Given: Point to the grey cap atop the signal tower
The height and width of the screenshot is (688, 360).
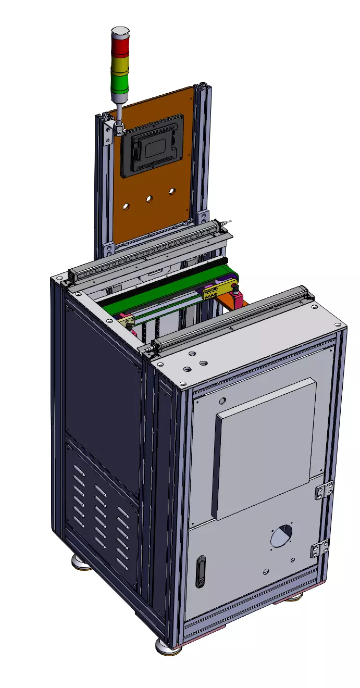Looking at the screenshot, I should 120,32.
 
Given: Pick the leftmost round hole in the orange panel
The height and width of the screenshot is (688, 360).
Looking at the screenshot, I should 126,206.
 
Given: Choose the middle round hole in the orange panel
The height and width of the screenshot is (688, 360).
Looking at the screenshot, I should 148,198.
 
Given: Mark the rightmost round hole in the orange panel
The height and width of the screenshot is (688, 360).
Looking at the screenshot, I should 171,191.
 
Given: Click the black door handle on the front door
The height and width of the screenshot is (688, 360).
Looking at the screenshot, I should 201,571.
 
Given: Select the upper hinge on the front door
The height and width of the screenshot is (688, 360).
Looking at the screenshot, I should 324,491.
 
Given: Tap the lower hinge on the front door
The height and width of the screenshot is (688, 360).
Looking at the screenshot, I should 319,549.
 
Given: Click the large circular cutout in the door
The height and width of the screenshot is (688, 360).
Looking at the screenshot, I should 281,535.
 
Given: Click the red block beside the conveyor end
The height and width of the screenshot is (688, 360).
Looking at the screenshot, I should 238,298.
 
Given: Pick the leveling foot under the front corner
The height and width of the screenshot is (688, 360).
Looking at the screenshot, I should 166,646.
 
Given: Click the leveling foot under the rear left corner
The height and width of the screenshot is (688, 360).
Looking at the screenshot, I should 82,562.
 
